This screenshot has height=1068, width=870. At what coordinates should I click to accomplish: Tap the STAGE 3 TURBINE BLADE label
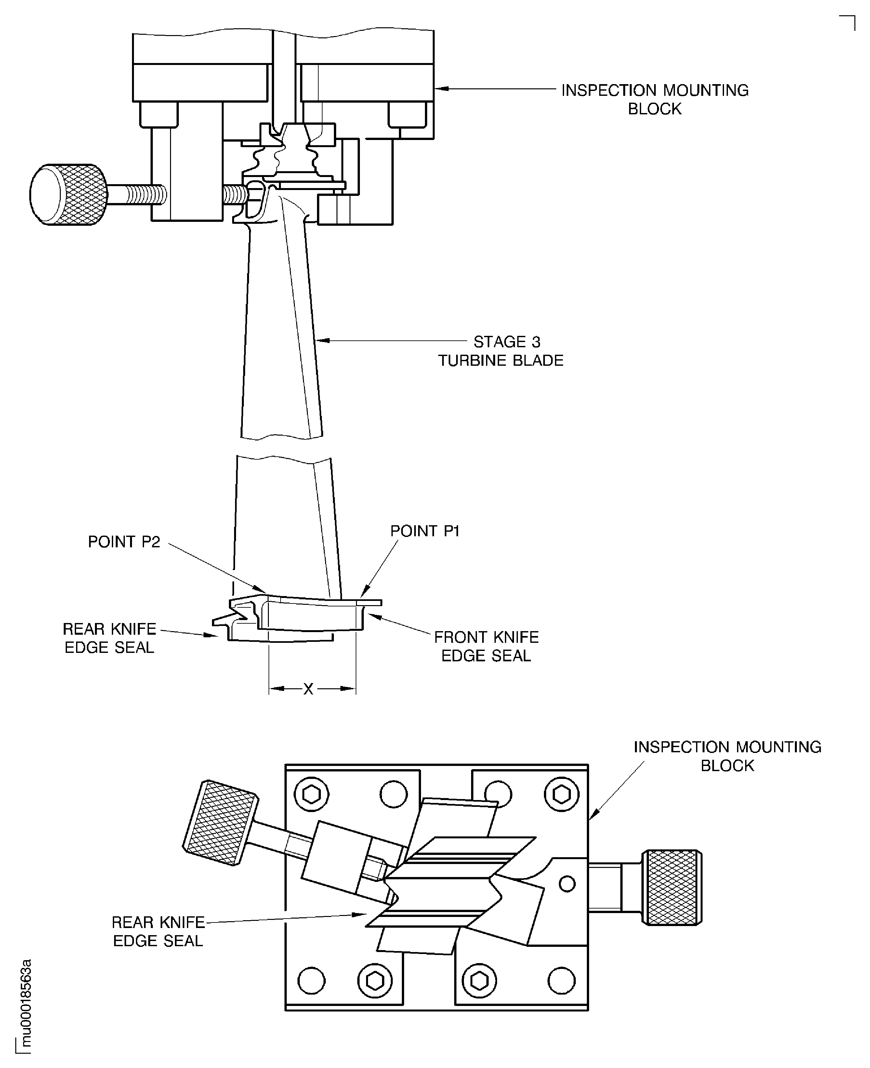click(x=501, y=351)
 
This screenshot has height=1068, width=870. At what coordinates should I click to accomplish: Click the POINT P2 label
click(x=124, y=542)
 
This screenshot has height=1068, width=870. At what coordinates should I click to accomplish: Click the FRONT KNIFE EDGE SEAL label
click(x=486, y=646)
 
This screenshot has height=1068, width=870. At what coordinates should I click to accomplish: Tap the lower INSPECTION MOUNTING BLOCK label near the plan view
click(x=727, y=756)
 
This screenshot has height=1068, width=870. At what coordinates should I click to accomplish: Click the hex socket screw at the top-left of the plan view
click(x=311, y=795)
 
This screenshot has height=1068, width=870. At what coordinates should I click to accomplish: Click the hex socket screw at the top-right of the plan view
click(x=561, y=794)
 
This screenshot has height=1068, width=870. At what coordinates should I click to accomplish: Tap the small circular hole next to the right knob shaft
click(x=567, y=884)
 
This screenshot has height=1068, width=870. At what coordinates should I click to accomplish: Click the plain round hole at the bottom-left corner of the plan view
click(x=311, y=980)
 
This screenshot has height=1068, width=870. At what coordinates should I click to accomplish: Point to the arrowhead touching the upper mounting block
click(x=441, y=89)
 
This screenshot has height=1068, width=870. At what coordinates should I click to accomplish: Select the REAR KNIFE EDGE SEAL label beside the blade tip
click(x=109, y=638)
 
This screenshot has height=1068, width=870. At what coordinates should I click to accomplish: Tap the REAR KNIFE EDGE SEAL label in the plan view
click(x=158, y=931)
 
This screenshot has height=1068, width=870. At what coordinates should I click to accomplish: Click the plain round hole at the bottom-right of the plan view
click(x=561, y=980)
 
